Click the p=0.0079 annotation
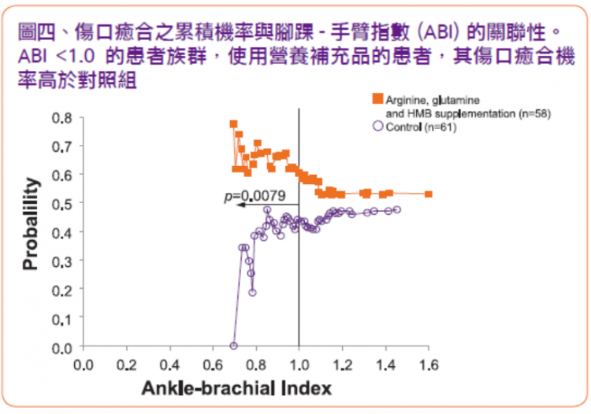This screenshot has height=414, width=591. pyautogui.click(x=255, y=196)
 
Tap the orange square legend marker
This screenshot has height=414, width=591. pyautogui.click(x=377, y=98)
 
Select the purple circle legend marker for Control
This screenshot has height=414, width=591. pyautogui.click(x=378, y=126)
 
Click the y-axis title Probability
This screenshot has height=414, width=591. pyautogui.click(x=31, y=224)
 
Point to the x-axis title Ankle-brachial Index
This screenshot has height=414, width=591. pyautogui.click(x=236, y=388)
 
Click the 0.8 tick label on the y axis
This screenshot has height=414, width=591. pyautogui.click(x=61, y=118)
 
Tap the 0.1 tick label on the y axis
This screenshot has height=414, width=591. pyautogui.click(x=61, y=320)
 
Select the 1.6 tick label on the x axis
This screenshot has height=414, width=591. pyautogui.click(x=429, y=364)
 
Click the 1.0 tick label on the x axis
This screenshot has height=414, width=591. pyautogui.click(x=299, y=364)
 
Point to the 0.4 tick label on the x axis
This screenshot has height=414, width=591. pyautogui.click(x=170, y=364)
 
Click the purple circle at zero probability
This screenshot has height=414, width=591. pyautogui.click(x=234, y=346)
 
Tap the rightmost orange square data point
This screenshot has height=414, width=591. pyautogui.click(x=429, y=194)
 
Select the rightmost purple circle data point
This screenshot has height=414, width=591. pyautogui.click(x=397, y=209)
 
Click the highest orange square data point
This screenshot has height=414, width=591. pyautogui.click(x=234, y=124)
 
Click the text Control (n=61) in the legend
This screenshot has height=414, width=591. pyautogui.click(x=421, y=128)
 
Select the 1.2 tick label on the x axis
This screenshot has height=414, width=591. pyautogui.click(x=342, y=364)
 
